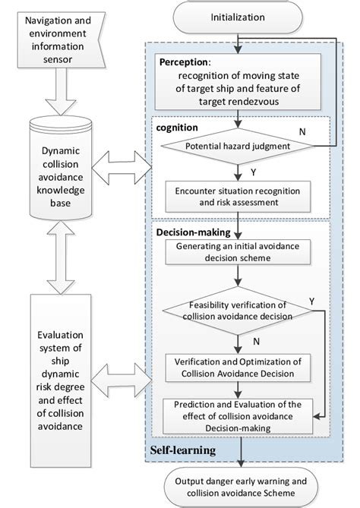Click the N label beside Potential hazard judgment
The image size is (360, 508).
302,133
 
